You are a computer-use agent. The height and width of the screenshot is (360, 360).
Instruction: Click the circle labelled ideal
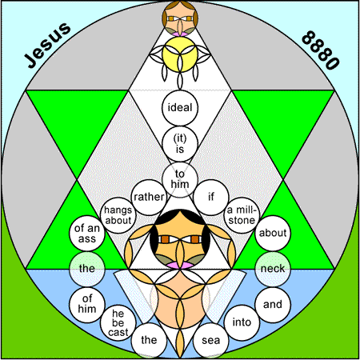pos(180,108)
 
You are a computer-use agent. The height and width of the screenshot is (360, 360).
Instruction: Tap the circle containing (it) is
pos(180,144)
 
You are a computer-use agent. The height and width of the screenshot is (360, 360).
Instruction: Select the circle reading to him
pos(180,180)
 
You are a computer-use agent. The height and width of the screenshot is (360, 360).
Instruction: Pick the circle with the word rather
pos(149,198)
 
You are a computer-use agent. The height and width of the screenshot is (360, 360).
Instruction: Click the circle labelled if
pos(211,198)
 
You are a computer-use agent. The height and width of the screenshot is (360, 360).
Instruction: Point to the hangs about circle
pos(118,215)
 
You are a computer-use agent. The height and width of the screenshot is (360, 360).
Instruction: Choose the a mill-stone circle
pos(242,215)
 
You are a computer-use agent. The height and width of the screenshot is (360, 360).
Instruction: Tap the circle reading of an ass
pos(87,234)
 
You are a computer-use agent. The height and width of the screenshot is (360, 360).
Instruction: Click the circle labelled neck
pos(273,269)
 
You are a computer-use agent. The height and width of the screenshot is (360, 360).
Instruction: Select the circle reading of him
pos(87,305)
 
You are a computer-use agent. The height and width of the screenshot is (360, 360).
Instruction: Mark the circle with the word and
pos(273,305)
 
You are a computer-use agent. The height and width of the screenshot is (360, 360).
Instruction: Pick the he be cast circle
pos(118,322)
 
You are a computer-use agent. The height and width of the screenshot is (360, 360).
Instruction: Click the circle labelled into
pos(242,322)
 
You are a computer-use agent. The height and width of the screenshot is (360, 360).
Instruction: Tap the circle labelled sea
pos(211,340)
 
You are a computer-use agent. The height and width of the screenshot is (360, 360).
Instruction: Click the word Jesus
pos(48,45)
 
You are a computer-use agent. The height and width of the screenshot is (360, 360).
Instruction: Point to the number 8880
pos(320,50)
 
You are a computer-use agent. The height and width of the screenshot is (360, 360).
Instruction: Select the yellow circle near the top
pos(180,54)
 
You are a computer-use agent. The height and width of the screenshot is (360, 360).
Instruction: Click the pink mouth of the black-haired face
pos(180,265)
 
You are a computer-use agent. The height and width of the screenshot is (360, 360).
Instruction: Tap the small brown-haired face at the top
pos(180,18)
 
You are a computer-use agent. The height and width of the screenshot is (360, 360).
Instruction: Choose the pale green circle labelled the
pos(87,269)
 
